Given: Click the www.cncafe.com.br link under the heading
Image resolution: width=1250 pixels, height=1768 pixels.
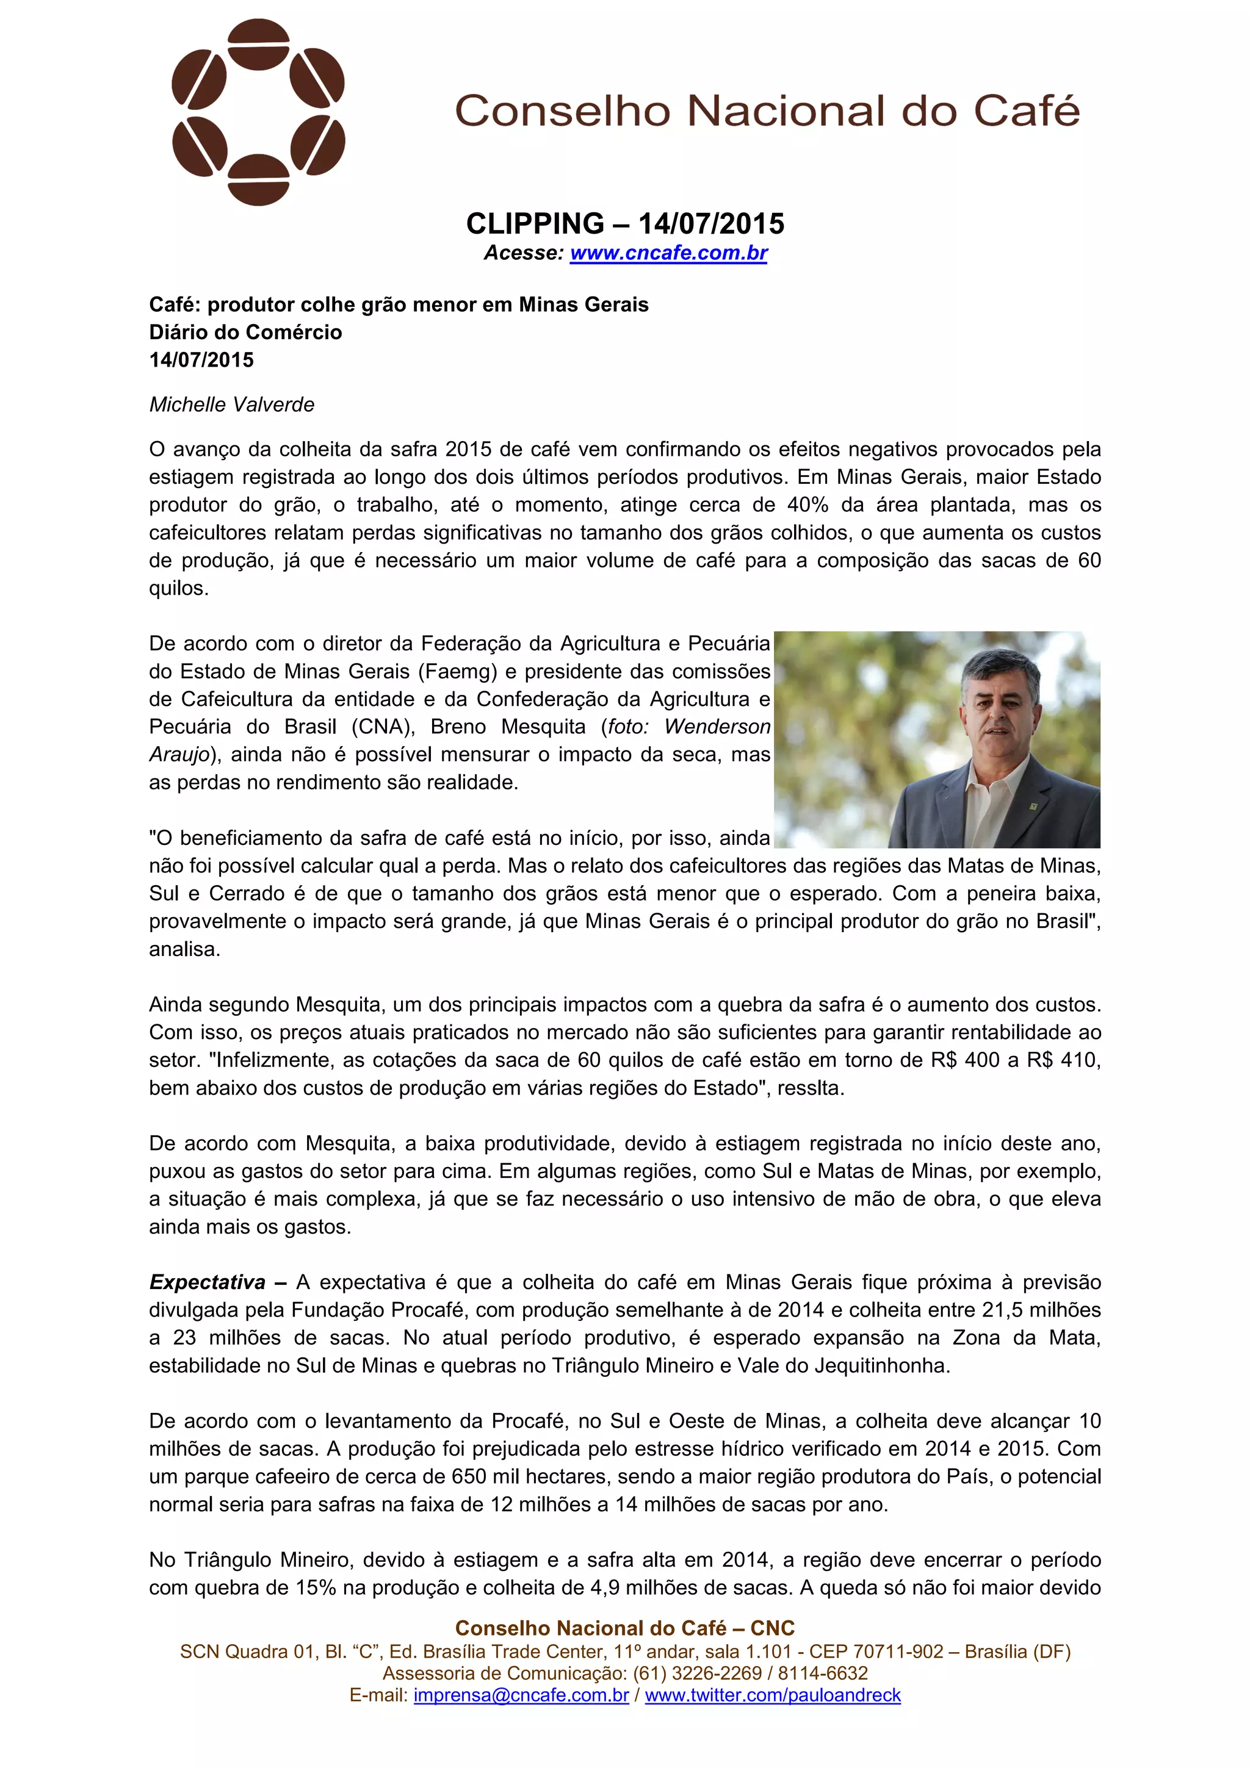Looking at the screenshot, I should click(668, 253).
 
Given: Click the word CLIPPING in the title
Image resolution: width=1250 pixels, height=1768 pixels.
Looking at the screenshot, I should click(535, 224).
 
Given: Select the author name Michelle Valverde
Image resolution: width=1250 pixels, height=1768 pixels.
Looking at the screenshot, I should click(232, 404).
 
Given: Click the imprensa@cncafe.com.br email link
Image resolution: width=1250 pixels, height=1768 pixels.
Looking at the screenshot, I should click(521, 1695).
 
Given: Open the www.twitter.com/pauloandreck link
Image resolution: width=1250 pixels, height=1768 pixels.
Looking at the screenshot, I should click(773, 1695).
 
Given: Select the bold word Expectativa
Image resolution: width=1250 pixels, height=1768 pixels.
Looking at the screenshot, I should click(207, 1282).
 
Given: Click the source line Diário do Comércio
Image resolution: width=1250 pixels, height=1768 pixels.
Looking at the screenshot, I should click(246, 332).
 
